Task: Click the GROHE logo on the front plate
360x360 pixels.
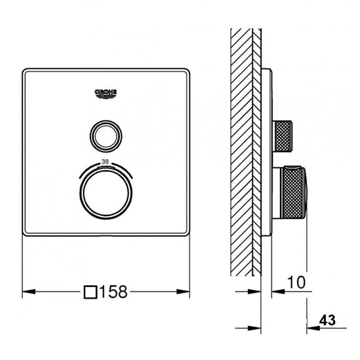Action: [106, 94]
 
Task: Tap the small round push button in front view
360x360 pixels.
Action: [106, 136]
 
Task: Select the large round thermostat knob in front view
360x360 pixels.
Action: [106, 193]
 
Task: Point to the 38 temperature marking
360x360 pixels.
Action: [105, 162]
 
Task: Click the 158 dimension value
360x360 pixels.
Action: [113, 292]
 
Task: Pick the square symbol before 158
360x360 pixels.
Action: [90, 292]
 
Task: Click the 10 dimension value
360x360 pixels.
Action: [297, 282]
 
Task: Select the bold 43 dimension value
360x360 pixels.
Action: [328, 320]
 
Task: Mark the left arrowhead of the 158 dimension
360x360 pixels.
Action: [29, 292]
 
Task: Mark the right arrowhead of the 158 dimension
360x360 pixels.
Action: [183, 292]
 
